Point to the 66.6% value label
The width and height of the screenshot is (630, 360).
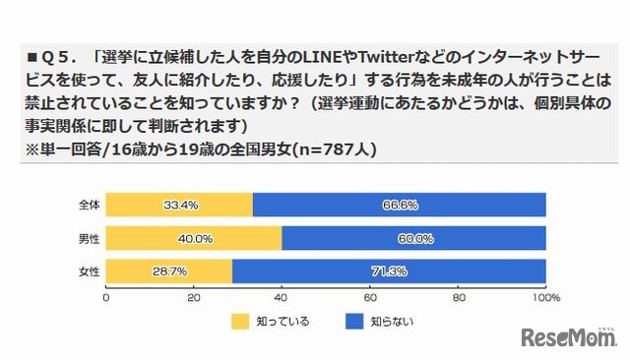[x=398, y=205]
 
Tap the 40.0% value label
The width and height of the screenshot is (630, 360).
[x=193, y=237]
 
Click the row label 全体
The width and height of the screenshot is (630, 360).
[x=87, y=205]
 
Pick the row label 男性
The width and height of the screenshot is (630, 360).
[x=87, y=237]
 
